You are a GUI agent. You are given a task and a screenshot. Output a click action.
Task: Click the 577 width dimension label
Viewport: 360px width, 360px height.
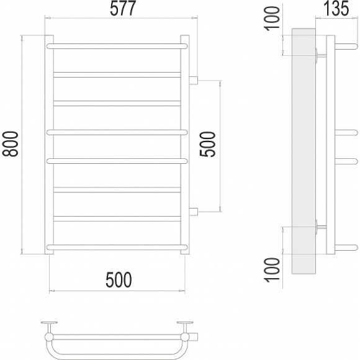tap(123, 9)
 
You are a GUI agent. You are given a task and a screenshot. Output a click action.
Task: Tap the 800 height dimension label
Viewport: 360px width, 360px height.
tap(10, 144)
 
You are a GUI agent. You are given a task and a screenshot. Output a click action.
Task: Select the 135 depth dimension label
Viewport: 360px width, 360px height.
tap(336, 9)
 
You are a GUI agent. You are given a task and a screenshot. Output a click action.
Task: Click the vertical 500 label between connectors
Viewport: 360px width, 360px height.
tap(207, 144)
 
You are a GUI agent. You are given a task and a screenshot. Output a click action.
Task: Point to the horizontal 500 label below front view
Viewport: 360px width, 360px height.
tap(119, 280)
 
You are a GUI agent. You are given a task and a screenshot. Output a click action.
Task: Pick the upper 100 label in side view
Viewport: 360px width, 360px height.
tap(272, 18)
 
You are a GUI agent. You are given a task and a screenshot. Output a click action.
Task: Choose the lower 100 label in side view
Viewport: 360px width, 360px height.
tap(272, 269)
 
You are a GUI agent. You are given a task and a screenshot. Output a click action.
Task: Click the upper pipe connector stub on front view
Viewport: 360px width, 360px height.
tap(193, 80)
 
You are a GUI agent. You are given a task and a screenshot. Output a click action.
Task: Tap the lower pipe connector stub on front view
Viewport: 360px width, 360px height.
tap(193, 212)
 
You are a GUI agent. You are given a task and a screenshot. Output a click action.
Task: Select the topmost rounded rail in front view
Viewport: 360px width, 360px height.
tap(117, 46)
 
